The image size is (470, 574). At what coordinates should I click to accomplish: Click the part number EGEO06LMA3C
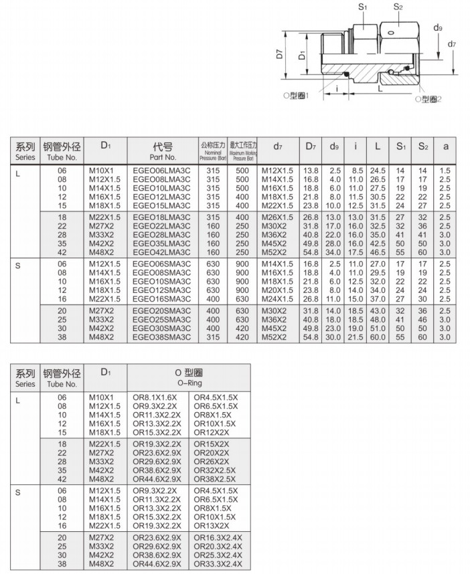click(x=161, y=171)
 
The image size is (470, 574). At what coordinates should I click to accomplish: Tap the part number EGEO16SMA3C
click(x=161, y=298)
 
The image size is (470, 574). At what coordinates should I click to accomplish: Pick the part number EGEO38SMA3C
click(x=161, y=337)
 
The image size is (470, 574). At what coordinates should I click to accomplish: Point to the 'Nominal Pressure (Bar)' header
click(x=212, y=151)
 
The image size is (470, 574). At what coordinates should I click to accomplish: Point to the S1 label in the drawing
click(x=362, y=7)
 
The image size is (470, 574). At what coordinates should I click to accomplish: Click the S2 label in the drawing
click(x=396, y=7)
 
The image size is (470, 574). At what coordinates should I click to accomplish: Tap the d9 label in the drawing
click(x=437, y=27)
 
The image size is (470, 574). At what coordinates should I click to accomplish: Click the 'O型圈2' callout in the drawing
click(x=428, y=99)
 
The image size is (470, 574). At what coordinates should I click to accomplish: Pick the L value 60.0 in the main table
click(x=378, y=337)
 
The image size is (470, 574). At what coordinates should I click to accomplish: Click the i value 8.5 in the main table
click(x=356, y=171)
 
